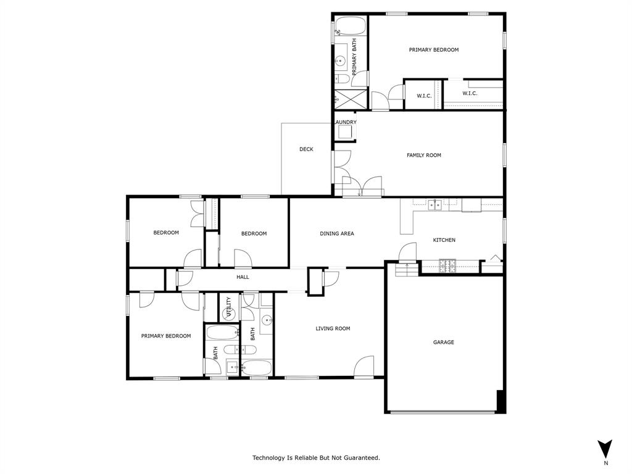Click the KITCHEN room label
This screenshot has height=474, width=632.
(444, 240)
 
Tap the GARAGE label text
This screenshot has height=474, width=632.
(443, 342)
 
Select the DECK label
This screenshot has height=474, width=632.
(306, 149)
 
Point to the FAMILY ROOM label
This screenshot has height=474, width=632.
(423, 156)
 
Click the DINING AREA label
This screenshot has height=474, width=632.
(336, 234)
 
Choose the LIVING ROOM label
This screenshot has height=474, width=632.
(333, 329)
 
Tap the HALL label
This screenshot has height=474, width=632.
(243, 277)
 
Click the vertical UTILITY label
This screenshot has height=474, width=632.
(228, 307)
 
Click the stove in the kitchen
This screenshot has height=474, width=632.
(447, 267)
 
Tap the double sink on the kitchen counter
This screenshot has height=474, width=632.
(436, 205)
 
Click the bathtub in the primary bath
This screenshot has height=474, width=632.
(350, 27)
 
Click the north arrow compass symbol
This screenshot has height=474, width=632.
(605, 449)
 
